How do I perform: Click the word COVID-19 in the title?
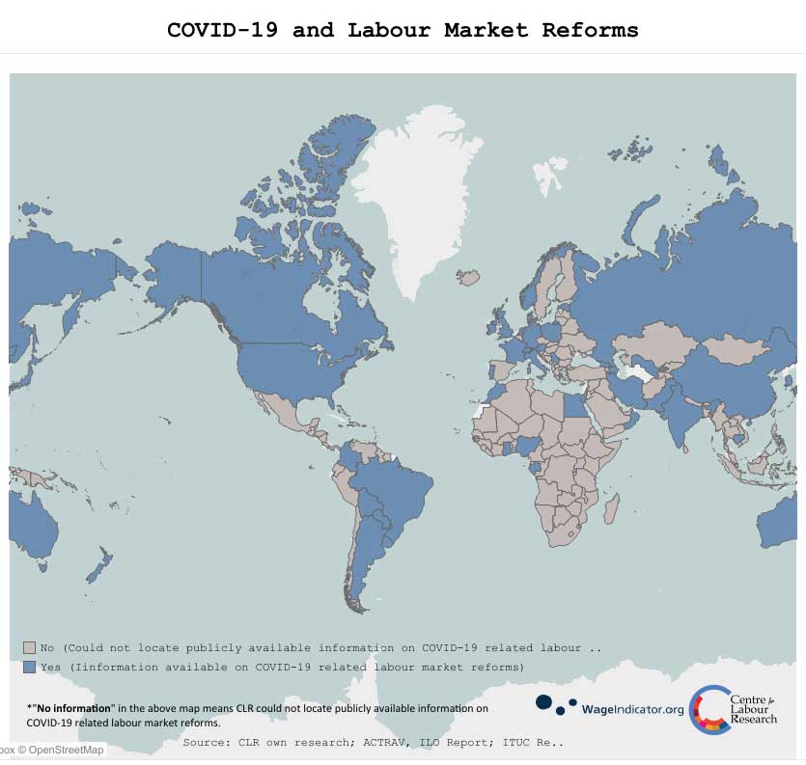[223, 30]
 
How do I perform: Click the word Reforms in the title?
[590, 30]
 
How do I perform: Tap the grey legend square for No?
[29, 648]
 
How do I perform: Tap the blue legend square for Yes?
[29, 667]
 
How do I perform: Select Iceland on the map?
[468, 277]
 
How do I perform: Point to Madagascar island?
[609, 507]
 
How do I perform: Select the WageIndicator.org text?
[632, 710]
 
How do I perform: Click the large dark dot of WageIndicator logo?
[544, 702]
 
